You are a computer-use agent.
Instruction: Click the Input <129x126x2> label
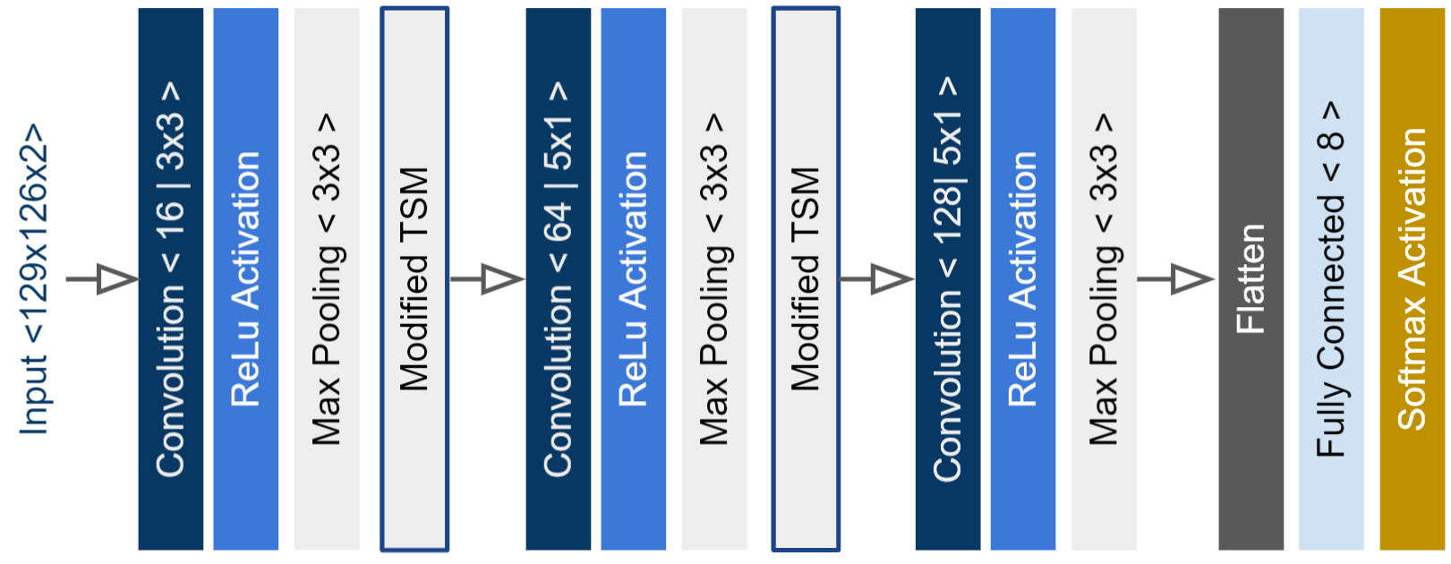tap(33, 279)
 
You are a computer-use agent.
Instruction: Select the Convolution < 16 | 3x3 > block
tap(170, 279)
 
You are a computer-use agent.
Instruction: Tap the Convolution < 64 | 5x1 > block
tap(558, 279)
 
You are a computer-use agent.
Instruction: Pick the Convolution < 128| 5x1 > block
tap(947, 279)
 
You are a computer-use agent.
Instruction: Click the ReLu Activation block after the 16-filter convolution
tap(245, 279)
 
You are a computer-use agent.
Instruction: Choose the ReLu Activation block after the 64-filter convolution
tap(633, 279)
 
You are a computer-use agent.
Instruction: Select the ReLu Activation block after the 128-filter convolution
tap(1022, 279)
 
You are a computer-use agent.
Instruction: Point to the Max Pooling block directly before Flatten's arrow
tap(1104, 279)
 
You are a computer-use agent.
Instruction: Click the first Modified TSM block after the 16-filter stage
tap(414, 279)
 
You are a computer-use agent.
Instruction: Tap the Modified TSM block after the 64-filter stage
tap(806, 279)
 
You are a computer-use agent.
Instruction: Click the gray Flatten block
tap(1250, 279)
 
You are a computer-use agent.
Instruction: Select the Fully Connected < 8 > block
tap(1331, 279)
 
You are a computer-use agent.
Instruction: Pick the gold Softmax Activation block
tap(1412, 279)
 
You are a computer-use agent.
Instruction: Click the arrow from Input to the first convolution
tap(102, 279)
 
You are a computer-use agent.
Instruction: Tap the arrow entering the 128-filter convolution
tap(876, 279)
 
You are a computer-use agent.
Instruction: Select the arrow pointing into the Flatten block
tap(1175, 279)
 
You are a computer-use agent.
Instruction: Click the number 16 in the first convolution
tap(170, 212)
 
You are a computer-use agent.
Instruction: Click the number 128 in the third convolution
tap(947, 206)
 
